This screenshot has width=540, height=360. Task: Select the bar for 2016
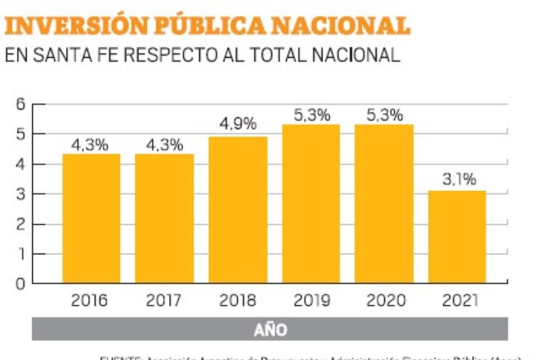(91, 218)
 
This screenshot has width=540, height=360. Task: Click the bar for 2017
(164, 218)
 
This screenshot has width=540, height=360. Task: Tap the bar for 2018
(238, 210)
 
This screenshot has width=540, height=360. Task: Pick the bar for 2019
(311, 204)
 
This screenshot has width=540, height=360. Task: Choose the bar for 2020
(384, 204)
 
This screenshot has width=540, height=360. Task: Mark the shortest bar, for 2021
(457, 237)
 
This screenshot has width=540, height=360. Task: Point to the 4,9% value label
(238, 124)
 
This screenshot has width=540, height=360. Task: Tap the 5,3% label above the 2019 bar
(312, 115)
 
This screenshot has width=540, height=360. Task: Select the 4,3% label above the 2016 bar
(91, 145)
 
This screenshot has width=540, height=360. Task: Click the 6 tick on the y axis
(20, 104)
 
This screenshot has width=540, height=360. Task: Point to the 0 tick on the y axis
(20, 284)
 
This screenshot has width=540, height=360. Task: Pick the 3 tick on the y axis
(20, 194)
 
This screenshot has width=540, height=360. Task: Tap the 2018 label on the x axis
(238, 301)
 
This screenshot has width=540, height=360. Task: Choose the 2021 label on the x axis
(460, 301)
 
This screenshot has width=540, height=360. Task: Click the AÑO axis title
(270, 330)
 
